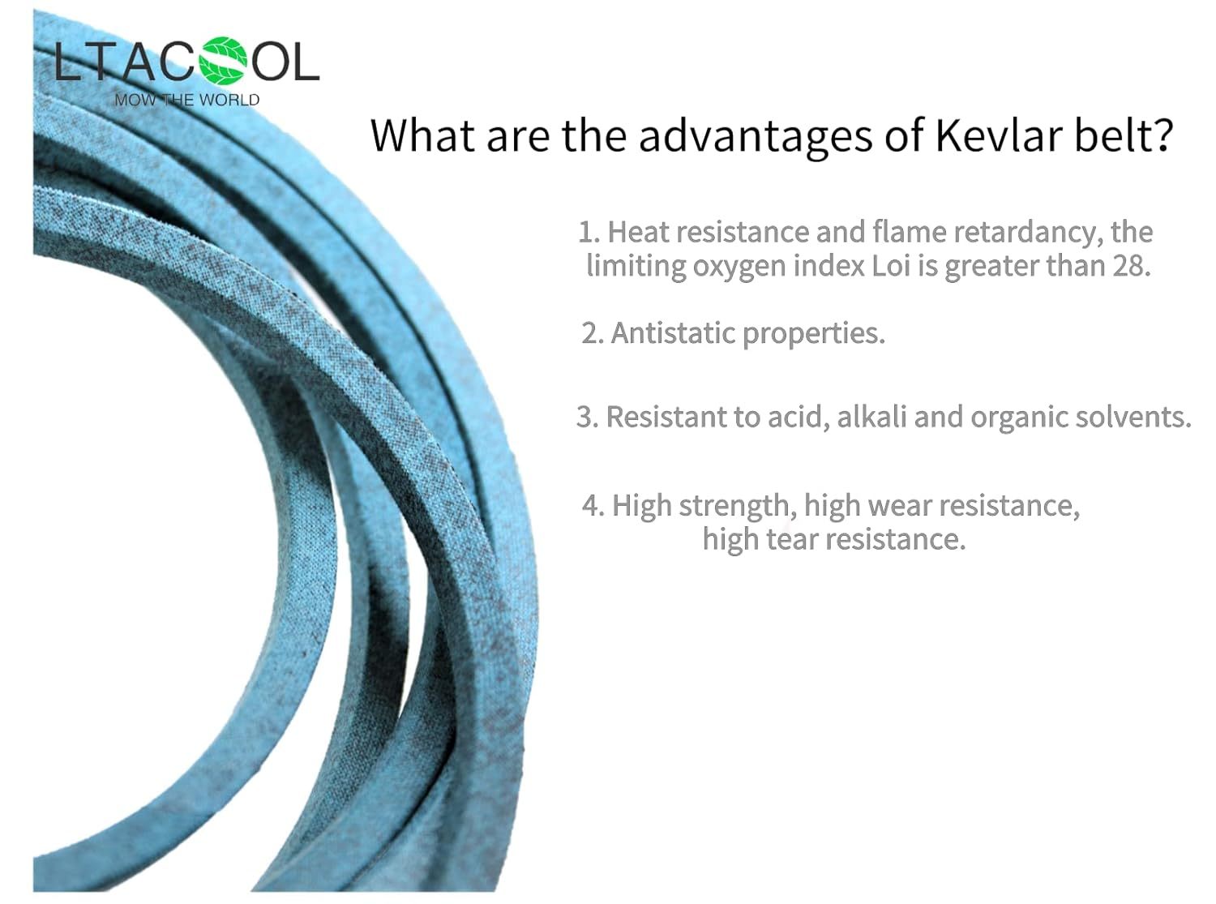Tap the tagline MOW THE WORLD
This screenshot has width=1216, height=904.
tap(187, 101)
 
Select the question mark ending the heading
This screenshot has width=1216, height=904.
tap(1162, 135)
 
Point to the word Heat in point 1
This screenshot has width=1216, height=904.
tap(638, 232)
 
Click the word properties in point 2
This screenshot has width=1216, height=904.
tap(814, 334)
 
